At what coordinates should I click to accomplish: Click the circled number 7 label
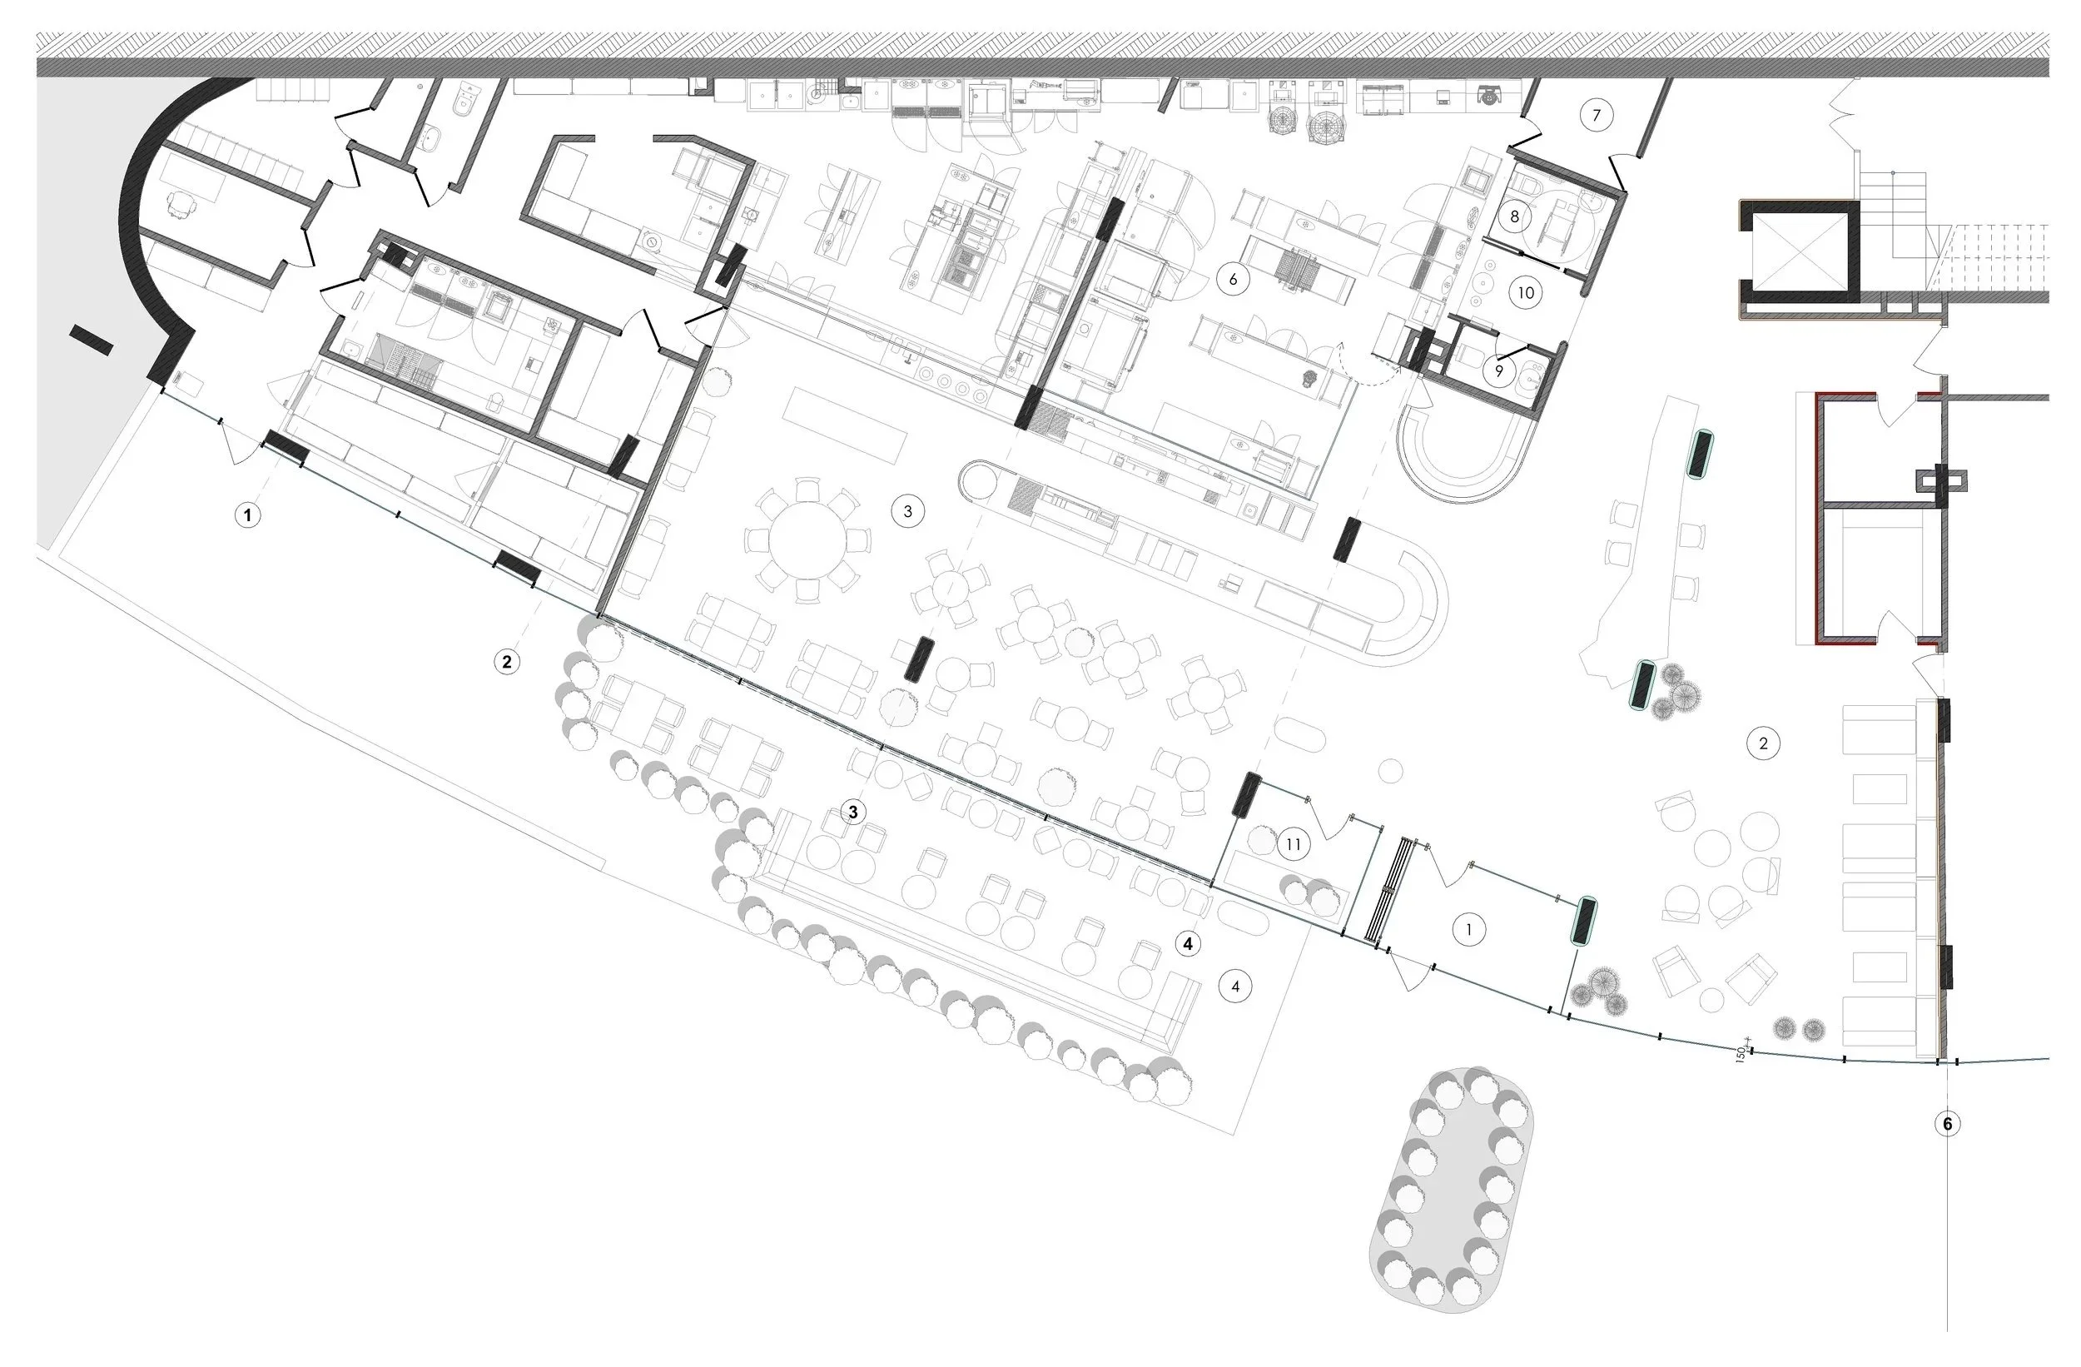[1597, 115]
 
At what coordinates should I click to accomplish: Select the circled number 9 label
[1498, 370]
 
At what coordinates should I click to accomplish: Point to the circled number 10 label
[1526, 292]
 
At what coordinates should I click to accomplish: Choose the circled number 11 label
[1294, 844]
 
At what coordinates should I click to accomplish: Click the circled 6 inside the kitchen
[1233, 279]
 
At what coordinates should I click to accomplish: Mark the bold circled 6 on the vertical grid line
[1947, 1123]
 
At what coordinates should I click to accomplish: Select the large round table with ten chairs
[807, 539]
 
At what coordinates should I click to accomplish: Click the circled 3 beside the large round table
[906, 511]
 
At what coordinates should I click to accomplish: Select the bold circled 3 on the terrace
[853, 812]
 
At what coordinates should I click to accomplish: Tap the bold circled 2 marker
[506, 661]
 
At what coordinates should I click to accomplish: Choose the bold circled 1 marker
[247, 515]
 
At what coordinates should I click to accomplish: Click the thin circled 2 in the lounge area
[1763, 743]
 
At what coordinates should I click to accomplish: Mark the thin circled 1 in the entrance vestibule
[1468, 929]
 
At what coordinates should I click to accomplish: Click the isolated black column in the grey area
[91, 340]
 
